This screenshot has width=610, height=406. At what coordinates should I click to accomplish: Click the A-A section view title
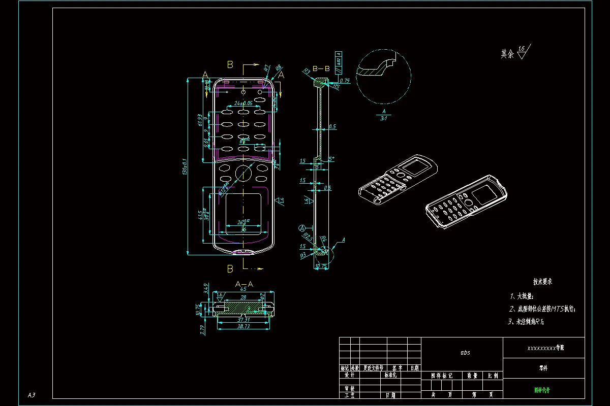[x=243, y=284]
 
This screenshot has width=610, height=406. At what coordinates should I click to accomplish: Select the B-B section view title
[x=321, y=68]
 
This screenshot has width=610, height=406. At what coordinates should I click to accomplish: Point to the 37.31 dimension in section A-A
[x=243, y=320]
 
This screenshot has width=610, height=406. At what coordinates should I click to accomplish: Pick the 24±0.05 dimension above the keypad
[x=244, y=103]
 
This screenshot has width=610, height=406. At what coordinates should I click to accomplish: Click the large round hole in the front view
[x=243, y=173]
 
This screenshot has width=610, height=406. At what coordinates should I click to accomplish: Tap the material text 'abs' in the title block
[x=465, y=352]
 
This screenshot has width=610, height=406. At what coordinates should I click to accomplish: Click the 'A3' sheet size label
[x=32, y=395]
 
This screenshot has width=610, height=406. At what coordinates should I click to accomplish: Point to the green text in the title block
[x=542, y=390]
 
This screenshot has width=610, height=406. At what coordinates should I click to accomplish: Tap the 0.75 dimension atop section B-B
[x=345, y=81]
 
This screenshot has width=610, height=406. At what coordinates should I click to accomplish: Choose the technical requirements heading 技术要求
[x=542, y=281]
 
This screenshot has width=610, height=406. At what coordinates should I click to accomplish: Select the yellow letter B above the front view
[x=230, y=64]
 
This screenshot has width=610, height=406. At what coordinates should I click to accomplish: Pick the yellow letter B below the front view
[x=230, y=268]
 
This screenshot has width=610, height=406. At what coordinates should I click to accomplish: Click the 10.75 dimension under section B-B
[x=321, y=266]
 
